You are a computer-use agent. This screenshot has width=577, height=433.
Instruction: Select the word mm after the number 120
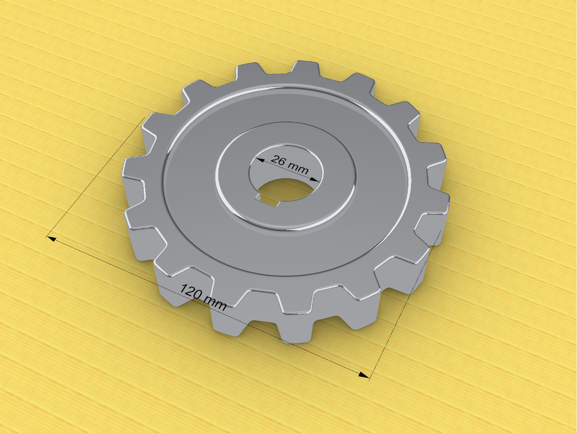coord(215,303)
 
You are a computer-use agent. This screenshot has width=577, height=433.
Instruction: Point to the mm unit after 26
coord(298,168)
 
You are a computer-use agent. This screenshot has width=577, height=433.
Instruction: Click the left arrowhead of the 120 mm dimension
coord(52,239)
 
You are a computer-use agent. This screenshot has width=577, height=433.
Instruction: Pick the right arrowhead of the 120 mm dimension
coord(364,375)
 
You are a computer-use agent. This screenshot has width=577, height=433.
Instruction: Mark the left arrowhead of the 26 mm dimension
coord(260,160)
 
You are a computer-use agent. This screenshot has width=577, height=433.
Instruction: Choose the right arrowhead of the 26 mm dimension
coord(314,179)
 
